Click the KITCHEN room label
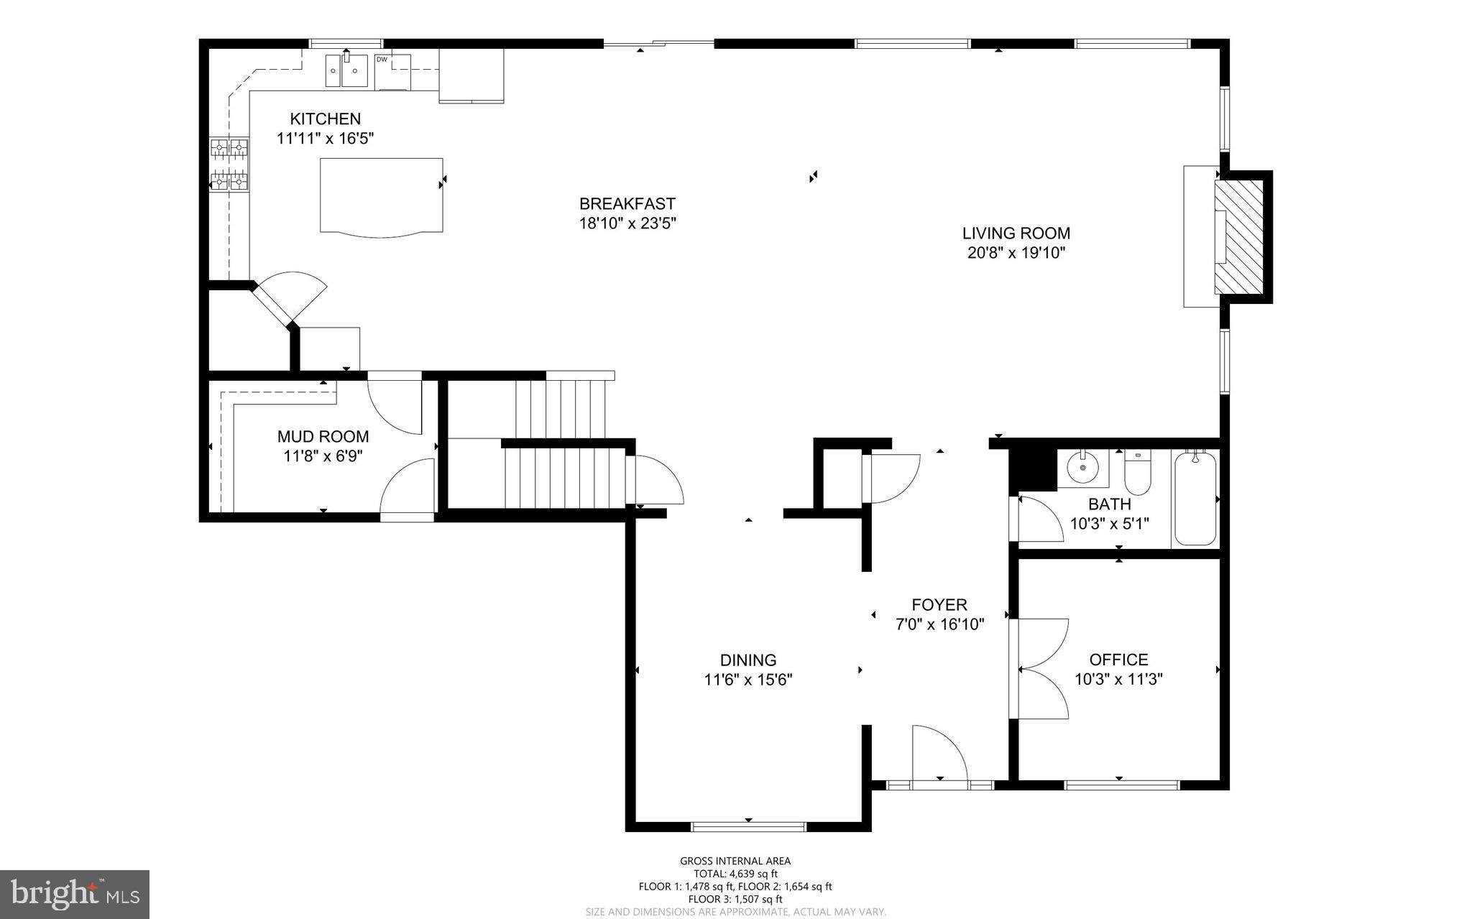pyautogui.click(x=325, y=119)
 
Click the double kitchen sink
pyautogui.click(x=346, y=70)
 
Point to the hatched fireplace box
pyautogui.click(x=1238, y=237)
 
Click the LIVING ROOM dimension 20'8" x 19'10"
pyautogui.click(x=1016, y=253)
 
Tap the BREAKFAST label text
pyautogui.click(x=627, y=204)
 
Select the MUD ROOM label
pyautogui.click(x=323, y=436)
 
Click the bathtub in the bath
pyautogui.click(x=1195, y=498)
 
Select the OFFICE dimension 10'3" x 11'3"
pyautogui.click(x=1118, y=679)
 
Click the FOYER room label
pyautogui.click(x=939, y=605)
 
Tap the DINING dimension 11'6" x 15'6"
pyautogui.click(x=747, y=680)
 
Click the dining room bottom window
pyautogui.click(x=748, y=826)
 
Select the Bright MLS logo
pyautogui.click(x=75, y=894)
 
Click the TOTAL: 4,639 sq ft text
pyautogui.click(x=735, y=874)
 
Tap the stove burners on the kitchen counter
pyautogui.click(x=229, y=165)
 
